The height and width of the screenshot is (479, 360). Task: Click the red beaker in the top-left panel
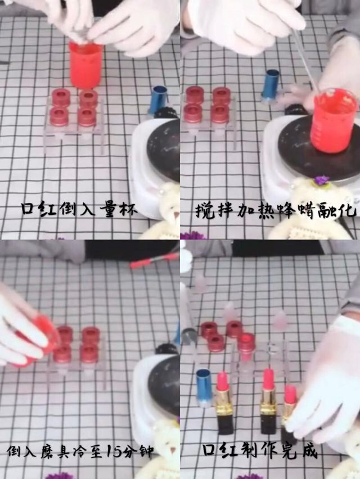[85, 64]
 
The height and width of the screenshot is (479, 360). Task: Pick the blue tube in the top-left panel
[157, 100]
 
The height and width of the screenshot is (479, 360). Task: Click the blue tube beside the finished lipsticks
[204, 387]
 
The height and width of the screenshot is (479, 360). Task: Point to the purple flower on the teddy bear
[321, 180]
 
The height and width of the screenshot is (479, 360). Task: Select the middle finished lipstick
[268, 399]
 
